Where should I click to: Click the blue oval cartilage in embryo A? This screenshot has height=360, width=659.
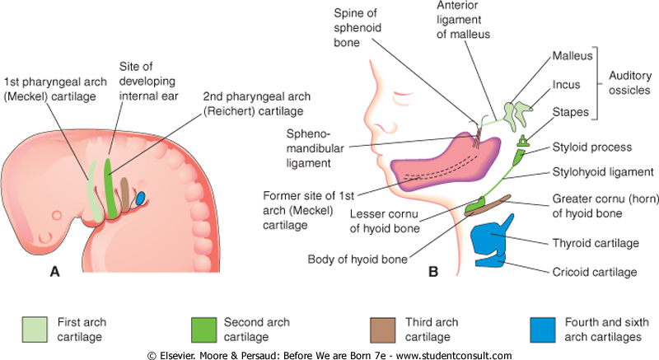point(141,198)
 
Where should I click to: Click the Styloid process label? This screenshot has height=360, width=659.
point(591,148)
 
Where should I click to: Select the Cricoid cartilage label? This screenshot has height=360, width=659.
point(595,272)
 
